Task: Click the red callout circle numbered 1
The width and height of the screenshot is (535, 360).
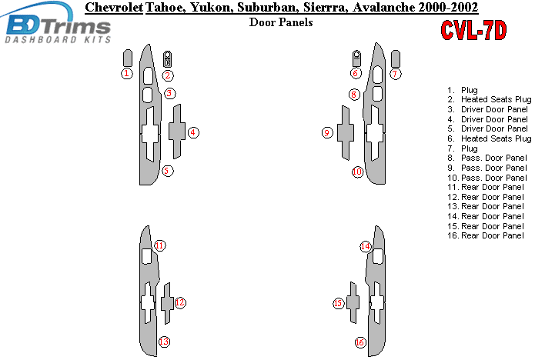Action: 127,73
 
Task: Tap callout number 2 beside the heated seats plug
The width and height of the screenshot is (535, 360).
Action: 168,75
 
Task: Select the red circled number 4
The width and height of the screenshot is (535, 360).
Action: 193,132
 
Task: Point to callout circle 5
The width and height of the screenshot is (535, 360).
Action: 167,171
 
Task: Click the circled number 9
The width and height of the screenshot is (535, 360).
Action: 327,132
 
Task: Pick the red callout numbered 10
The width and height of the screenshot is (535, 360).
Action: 358,172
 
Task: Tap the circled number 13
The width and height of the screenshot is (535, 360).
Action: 164,342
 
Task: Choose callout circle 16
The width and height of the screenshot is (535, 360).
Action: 360,342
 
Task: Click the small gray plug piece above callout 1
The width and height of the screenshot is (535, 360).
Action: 127,58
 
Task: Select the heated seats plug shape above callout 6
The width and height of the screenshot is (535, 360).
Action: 356,58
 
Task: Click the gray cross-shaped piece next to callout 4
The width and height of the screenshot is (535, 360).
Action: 177,132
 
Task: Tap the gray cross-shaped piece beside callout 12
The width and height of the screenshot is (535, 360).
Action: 167,303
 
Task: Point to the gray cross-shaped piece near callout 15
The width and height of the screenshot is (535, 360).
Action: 353,302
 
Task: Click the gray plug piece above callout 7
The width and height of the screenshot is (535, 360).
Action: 396,58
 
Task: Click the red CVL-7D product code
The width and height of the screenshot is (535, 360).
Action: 473,30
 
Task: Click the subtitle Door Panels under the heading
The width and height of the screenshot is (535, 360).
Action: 281,22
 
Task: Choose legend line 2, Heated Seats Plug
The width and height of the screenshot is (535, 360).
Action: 490,99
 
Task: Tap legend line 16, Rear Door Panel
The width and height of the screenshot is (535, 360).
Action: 485,235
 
